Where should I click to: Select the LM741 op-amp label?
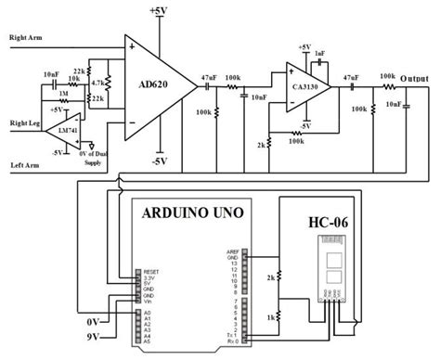coord(65,132)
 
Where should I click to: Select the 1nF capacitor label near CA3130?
coord(320,54)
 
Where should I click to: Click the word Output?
coord(417,78)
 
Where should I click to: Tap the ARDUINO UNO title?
coord(192,212)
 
